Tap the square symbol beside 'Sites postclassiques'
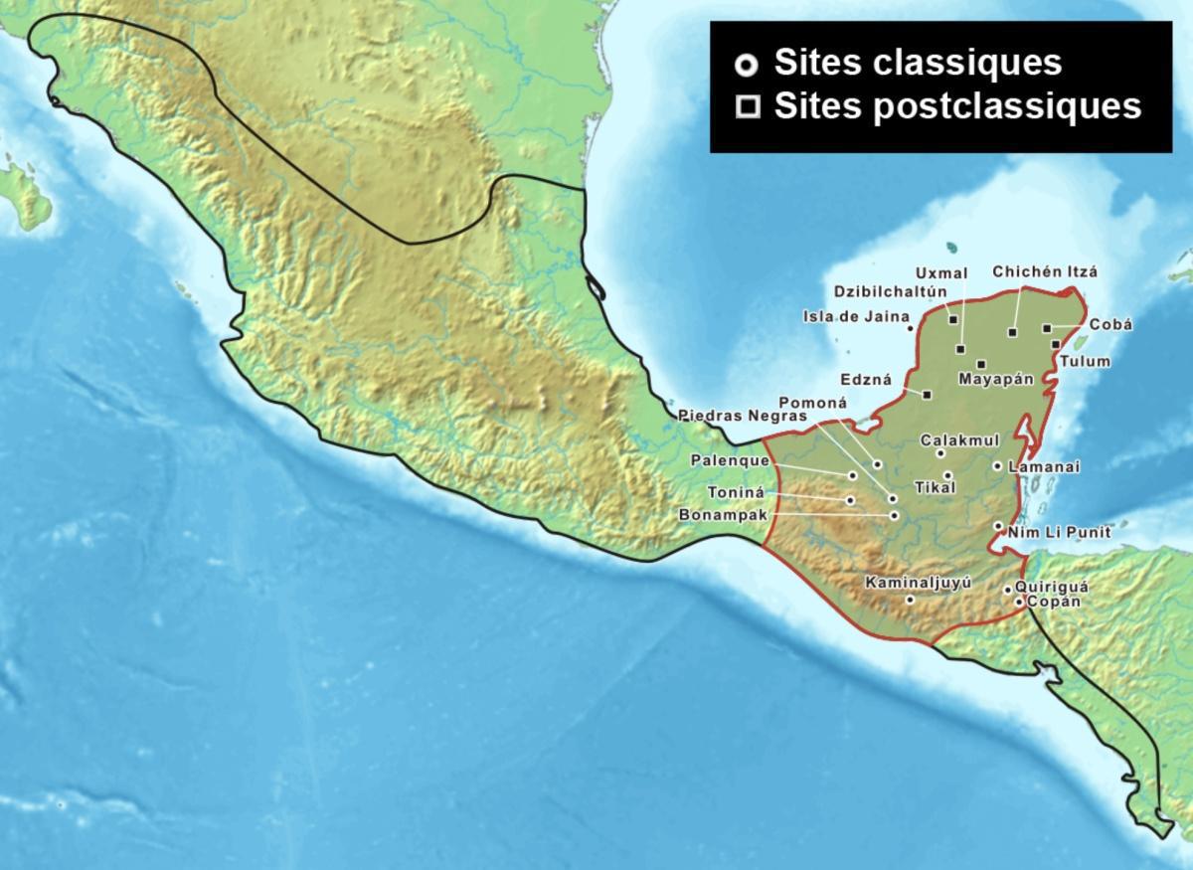click(745, 106)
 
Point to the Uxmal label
click(937, 271)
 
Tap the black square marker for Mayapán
click(981, 364)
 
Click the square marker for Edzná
click(927, 395)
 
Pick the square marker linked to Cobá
click(1047, 327)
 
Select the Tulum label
click(1084, 361)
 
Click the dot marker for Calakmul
click(940, 453)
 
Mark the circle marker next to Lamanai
click(997, 465)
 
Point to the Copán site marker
click(1018, 602)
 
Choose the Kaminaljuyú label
click(916, 583)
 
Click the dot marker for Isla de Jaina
click(910, 327)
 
